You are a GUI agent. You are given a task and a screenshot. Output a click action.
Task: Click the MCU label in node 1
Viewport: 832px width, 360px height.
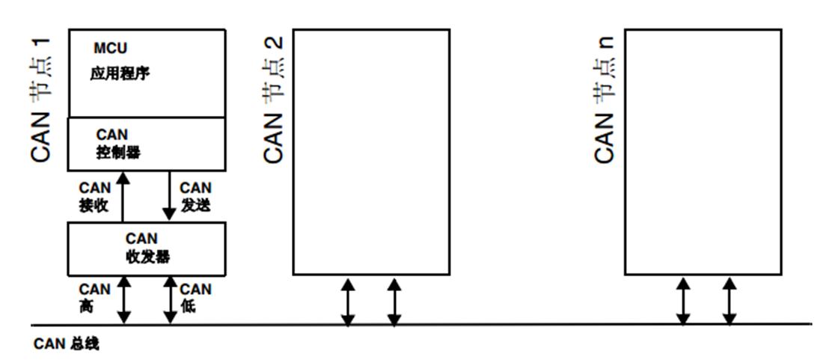(x=110, y=49)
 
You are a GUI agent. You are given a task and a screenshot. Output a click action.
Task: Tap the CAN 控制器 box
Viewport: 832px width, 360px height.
(x=146, y=144)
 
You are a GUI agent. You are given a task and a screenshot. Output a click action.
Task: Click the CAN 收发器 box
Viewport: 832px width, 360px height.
(x=146, y=248)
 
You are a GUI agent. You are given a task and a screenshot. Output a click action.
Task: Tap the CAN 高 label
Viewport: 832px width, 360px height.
(x=94, y=297)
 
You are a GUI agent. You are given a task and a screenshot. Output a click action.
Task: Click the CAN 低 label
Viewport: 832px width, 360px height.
(x=195, y=297)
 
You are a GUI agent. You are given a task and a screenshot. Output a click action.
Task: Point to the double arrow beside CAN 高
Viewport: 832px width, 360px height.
(x=124, y=299)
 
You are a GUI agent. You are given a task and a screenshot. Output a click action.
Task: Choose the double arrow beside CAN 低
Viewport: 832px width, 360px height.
(x=170, y=299)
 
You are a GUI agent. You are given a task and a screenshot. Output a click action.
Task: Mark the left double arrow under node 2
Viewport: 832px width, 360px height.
(x=348, y=301)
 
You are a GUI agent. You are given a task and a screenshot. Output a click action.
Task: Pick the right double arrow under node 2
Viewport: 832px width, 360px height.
(x=394, y=301)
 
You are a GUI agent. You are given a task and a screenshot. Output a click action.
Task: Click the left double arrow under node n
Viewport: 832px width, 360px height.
(x=682, y=301)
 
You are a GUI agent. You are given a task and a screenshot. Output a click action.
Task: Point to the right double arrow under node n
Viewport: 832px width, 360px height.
(x=729, y=301)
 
